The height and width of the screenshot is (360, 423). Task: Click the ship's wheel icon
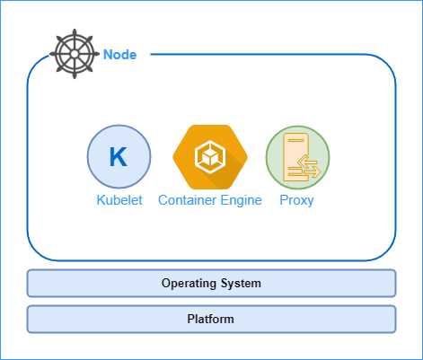(x=76, y=55)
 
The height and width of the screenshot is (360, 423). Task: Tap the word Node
(x=119, y=55)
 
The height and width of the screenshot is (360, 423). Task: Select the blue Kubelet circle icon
(x=119, y=156)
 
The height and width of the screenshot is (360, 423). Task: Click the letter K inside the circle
(x=119, y=156)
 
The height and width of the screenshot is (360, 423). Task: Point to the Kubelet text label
(x=119, y=200)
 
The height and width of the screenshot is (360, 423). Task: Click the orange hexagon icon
(x=209, y=156)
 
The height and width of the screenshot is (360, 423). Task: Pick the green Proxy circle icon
(x=297, y=156)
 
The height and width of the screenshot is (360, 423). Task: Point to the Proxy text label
(x=297, y=200)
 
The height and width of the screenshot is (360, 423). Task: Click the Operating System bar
(x=211, y=283)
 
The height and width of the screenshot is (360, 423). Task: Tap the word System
(x=242, y=284)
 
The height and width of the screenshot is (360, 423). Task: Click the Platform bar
(x=211, y=319)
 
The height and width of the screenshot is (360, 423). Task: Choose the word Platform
(x=211, y=319)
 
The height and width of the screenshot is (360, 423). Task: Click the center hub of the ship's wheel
(x=76, y=55)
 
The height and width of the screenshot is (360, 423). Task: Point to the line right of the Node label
(x=269, y=55)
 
